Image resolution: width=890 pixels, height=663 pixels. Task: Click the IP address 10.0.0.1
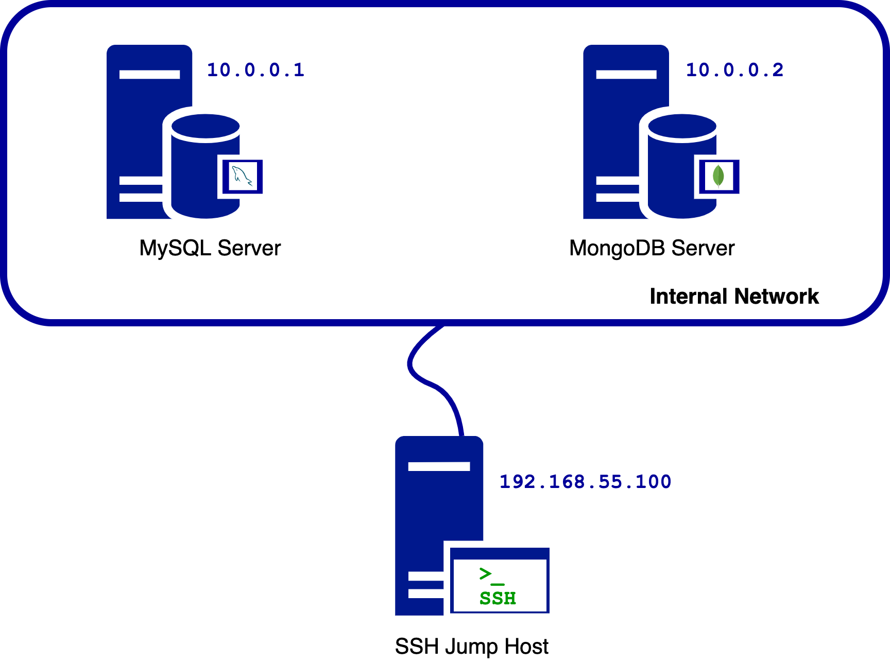pos(255,70)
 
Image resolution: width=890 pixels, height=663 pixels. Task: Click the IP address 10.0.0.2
pos(734,70)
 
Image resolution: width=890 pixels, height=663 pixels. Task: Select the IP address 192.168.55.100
pos(585,482)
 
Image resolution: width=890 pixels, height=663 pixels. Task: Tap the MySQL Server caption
pos(210,248)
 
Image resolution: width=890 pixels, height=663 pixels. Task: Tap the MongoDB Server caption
pos(652,248)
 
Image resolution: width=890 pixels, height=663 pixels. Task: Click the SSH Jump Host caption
pos(471,647)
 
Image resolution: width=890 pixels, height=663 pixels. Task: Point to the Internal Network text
pos(734,296)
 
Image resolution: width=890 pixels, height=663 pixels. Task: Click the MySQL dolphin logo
pos(242,177)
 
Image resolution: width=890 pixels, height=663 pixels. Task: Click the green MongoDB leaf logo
pos(718,176)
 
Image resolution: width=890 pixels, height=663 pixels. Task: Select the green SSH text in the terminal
pos(498,598)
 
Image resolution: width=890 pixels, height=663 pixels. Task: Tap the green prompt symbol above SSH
pos(490,575)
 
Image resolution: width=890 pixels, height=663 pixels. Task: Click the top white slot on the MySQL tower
pos(149,75)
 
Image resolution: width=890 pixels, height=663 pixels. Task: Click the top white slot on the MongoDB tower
pos(626,75)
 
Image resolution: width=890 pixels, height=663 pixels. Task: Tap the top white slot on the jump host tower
pos(439,466)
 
